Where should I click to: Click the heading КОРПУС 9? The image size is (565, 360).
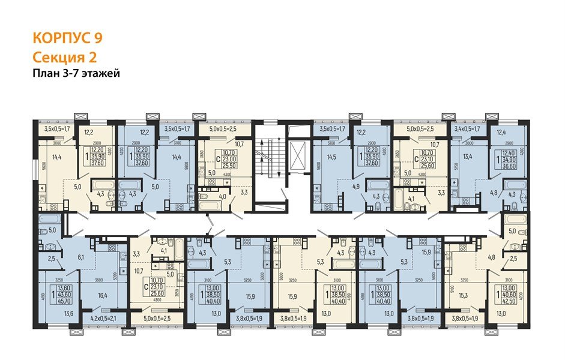(67, 38)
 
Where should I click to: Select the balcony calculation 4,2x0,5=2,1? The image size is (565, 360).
(103, 317)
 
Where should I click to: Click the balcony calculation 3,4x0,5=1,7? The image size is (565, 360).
(467, 128)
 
